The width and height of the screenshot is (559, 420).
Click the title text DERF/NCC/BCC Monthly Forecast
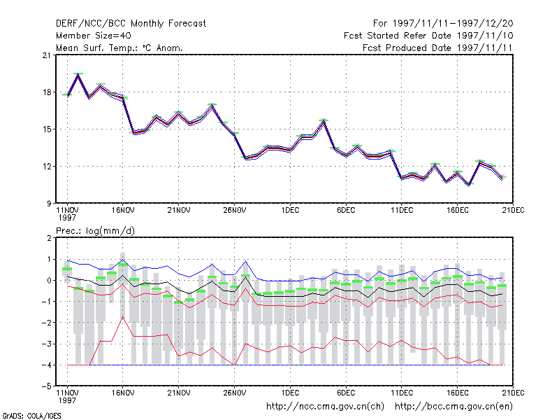(x=131, y=24)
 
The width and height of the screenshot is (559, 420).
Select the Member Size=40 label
(x=94, y=36)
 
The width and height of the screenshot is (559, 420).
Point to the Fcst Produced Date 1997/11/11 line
(x=437, y=48)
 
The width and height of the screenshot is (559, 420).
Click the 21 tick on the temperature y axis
(x=47, y=55)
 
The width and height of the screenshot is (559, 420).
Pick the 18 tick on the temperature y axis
(x=47, y=92)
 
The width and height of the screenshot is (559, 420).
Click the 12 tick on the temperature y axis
(x=47, y=167)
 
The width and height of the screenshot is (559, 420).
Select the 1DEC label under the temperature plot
(x=290, y=211)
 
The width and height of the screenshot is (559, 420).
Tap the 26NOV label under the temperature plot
(x=235, y=211)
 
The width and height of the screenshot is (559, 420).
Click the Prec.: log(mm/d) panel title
(x=95, y=231)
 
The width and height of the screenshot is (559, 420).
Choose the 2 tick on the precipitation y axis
(x=49, y=238)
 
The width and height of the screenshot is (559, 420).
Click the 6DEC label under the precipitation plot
(x=346, y=393)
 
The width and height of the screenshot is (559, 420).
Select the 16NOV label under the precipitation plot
(x=123, y=393)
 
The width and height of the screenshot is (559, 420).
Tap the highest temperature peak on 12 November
(x=78, y=75)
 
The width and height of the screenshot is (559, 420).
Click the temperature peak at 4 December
(x=324, y=121)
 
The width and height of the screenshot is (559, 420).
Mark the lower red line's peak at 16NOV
(x=123, y=316)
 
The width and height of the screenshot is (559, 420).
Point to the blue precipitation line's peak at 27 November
(x=246, y=261)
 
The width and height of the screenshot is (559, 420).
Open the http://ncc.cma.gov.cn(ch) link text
(x=325, y=407)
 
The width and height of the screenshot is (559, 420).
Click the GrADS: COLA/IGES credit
(x=31, y=416)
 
